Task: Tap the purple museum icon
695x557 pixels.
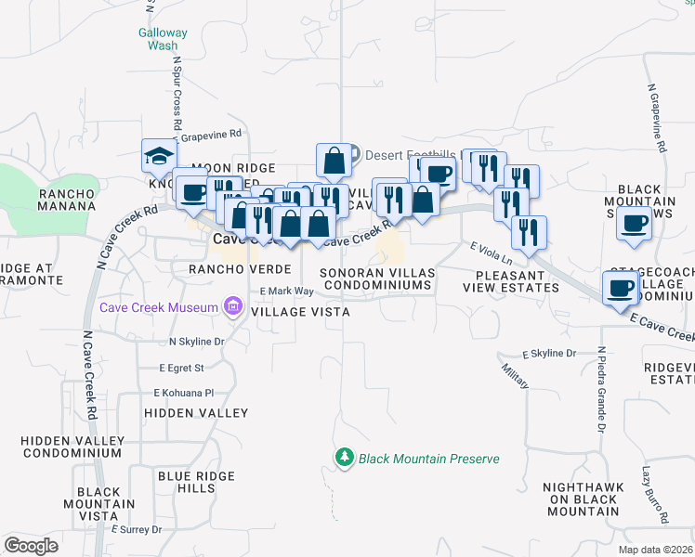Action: click(229, 307)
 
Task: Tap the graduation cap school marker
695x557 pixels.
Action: click(159, 156)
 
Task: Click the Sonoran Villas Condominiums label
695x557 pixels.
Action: click(376, 279)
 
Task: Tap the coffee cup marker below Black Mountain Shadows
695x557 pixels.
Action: click(635, 224)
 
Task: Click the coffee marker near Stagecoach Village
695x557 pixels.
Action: click(620, 288)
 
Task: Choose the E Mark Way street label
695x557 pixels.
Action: click(286, 291)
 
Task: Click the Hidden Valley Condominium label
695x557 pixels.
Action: click(72, 447)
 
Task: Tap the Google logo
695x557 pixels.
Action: click(31, 545)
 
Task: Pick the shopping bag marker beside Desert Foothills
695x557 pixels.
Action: click(334, 161)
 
